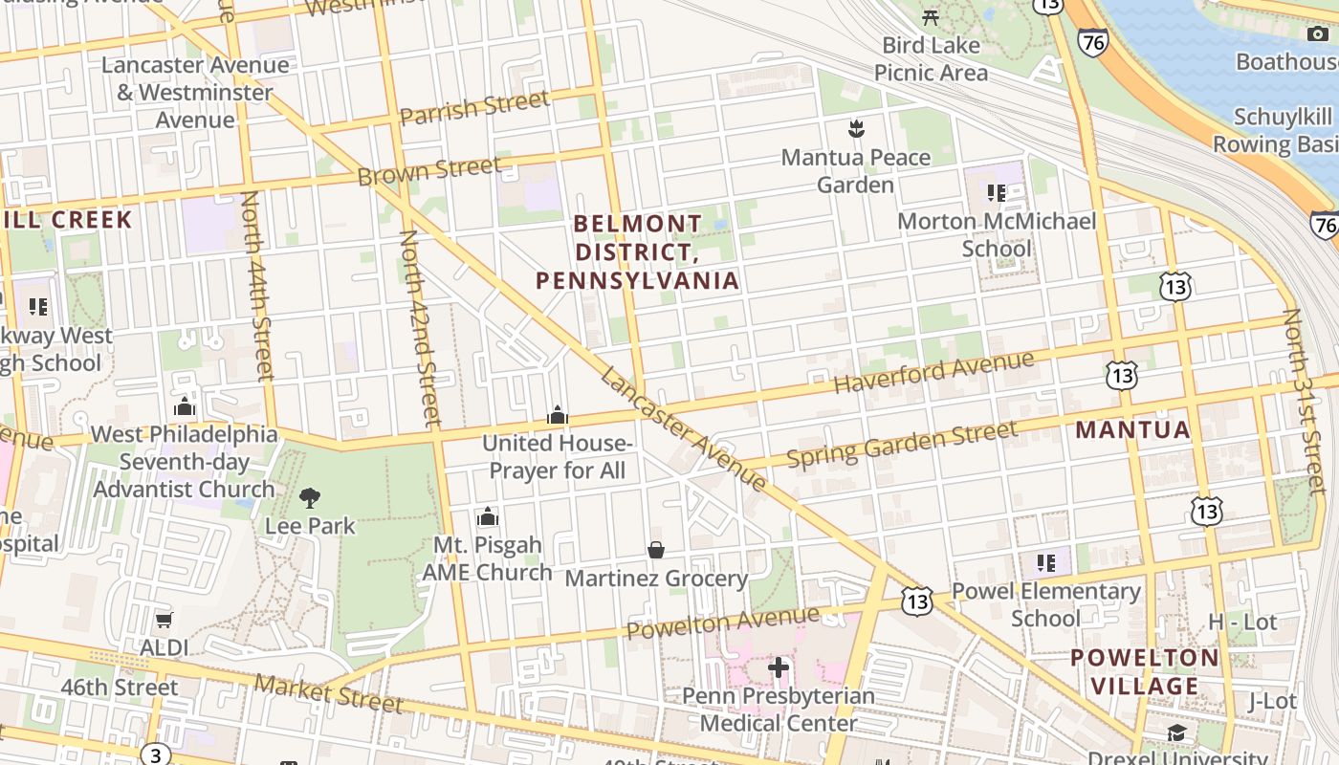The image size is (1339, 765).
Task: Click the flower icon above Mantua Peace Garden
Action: [856, 128]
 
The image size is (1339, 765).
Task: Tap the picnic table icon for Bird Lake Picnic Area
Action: [931, 16]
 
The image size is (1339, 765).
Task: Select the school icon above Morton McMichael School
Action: [997, 193]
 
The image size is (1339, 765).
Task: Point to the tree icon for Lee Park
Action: [309, 497]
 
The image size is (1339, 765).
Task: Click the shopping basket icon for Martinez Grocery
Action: [656, 550]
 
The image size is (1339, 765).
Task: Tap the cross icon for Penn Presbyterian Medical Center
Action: [779, 667]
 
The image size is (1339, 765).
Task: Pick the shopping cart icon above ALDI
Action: [164, 620]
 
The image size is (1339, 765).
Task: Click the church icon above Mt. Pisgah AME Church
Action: [488, 517]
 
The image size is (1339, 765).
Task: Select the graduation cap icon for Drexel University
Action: [1176, 732]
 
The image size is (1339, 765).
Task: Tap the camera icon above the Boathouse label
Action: [1317, 34]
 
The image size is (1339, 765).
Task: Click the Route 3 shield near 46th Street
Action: [156, 754]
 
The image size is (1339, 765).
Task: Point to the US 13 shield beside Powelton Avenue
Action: [916, 601]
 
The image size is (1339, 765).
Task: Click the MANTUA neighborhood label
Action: [1133, 429]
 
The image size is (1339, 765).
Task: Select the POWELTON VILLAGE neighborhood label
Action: [1145, 671]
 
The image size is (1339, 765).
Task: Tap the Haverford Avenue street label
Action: [933, 372]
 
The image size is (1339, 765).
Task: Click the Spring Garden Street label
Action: [902, 445]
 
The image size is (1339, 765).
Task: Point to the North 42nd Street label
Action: [420, 327]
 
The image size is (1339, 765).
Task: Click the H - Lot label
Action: [1242, 622]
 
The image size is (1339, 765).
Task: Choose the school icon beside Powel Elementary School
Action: [1045, 562]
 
